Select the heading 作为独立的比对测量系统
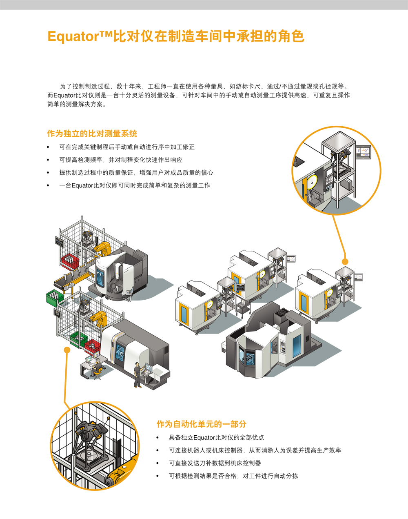point(92,134)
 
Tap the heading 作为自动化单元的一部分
point(201,424)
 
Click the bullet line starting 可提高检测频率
point(120,160)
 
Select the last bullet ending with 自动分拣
point(233,476)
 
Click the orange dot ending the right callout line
point(345,261)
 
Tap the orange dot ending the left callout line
point(67,350)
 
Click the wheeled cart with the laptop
point(242,306)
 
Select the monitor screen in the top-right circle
point(363,152)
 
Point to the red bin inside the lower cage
point(92,345)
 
